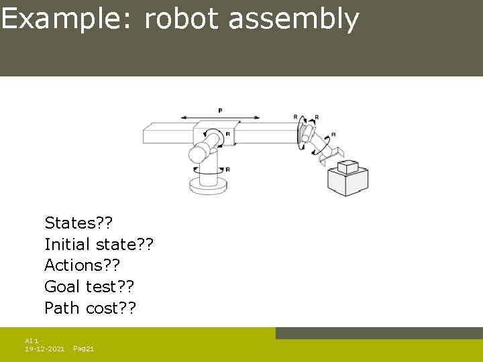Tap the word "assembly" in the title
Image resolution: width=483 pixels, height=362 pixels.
[294, 19]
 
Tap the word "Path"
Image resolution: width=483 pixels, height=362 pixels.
[63, 308]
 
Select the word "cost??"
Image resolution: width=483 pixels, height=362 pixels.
[112, 308]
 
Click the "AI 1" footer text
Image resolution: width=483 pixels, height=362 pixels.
[32, 341]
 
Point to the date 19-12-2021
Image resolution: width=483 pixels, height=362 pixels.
[44, 349]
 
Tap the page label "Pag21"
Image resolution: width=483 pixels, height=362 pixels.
[83, 349]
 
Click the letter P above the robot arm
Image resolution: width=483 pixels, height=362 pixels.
[220, 110]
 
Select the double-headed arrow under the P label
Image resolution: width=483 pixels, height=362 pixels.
[220, 117]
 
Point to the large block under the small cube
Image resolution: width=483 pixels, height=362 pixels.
[347, 182]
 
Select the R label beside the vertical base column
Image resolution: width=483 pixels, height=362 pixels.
[227, 170]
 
